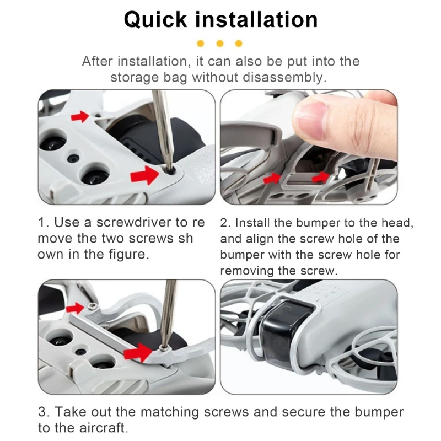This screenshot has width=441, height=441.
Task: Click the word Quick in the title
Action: coord(155,20)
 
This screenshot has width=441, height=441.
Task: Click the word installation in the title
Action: coord(256,19)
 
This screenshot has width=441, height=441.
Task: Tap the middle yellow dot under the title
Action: coord(220,44)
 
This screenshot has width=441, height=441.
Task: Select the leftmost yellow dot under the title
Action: coord(201,44)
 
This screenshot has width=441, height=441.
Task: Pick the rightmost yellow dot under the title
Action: coord(239,44)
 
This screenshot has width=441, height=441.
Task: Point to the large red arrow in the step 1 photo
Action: coord(144,175)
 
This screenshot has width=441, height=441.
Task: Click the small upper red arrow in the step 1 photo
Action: coord(79,116)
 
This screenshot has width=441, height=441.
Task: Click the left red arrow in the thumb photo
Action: coord(272,178)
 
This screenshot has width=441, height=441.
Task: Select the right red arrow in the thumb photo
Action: coord(320,177)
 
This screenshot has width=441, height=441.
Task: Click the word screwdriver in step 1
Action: coord(133,223)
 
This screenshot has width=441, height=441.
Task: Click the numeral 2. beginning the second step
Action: coord(225,223)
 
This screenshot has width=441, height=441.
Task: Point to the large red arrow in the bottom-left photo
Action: coord(138,352)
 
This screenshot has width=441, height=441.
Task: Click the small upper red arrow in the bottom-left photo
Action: coord(74,308)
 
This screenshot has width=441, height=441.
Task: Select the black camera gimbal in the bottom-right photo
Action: coord(287,331)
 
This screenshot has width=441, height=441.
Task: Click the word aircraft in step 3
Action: coord(104,428)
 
